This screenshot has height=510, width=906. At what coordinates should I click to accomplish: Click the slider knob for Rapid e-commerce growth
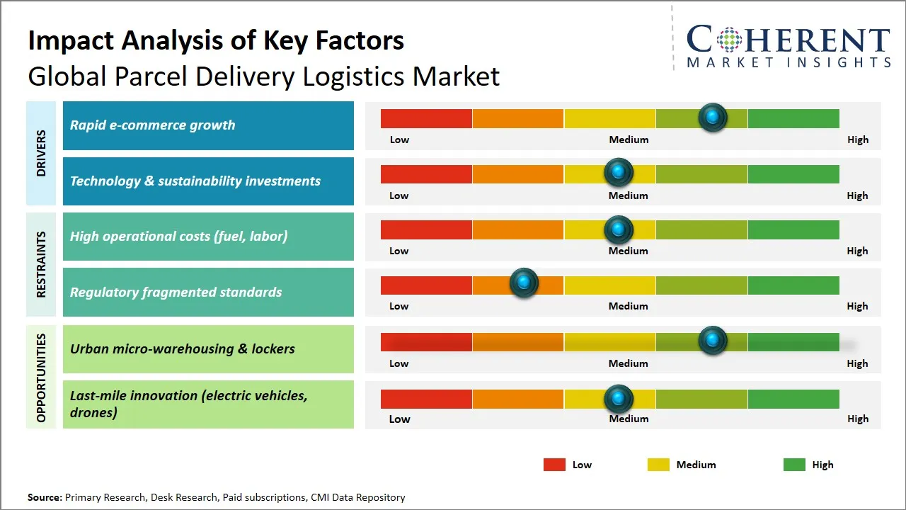(713, 117)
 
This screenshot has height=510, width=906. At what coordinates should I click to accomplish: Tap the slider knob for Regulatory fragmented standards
(524, 283)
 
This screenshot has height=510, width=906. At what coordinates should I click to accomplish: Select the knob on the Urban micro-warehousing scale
(713, 341)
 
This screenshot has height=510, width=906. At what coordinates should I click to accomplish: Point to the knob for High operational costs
(619, 229)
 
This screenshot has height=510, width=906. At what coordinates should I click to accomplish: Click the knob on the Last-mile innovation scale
(619, 399)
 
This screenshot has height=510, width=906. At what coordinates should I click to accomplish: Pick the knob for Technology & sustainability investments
(619, 172)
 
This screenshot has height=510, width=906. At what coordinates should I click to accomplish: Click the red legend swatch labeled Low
(554, 465)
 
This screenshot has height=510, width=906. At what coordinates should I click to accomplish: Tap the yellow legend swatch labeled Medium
(658, 465)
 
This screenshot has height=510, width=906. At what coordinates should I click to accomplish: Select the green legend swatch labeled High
(794, 465)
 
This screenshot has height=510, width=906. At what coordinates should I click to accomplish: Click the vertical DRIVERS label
(41, 153)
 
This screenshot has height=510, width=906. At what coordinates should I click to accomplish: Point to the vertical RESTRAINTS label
(41, 264)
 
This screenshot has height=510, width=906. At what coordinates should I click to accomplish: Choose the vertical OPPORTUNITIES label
(41, 378)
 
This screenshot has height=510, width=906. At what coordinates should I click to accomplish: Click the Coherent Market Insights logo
(788, 47)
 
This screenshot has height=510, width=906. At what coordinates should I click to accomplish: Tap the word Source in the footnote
(44, 497)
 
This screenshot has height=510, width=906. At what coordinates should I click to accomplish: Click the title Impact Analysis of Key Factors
(216, 41)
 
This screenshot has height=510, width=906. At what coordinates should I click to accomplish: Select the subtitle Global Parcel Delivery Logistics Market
(263, 76)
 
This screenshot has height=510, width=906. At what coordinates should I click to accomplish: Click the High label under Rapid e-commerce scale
(858, 140)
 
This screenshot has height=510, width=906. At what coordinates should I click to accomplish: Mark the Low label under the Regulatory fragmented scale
(399, 306)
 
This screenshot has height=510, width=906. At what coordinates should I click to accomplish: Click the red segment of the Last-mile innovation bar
(426, 399)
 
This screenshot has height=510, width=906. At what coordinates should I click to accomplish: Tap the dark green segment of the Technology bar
(793, 174)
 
